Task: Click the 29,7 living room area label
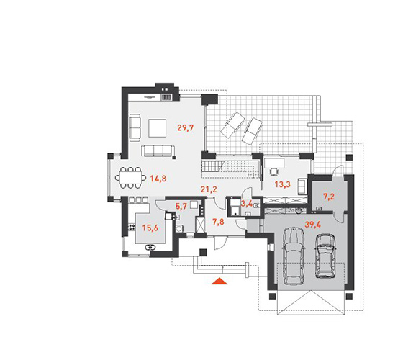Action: pos(186,127)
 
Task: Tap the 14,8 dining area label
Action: pos(158,179)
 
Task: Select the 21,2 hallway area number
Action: pos(209,189)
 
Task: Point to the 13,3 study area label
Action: pos(282,184)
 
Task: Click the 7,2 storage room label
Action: pos(329,197)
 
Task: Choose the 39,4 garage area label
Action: pos(312,225)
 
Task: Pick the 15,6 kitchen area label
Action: pos(150,228)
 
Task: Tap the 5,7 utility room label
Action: pos(181,206)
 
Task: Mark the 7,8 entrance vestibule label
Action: pos(218,222)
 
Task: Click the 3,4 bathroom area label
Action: pos(246,204)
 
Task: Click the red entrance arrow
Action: pos(219,281)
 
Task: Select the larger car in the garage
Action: pos(294,256)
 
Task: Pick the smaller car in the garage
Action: pos(325,256)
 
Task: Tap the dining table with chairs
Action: pos(130,177)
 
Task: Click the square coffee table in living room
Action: pos(157,128)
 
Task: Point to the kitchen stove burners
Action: pos(132,227)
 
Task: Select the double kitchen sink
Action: pos(150,248)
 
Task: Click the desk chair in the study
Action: pos(274,171)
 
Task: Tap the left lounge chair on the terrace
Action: pos(232,125)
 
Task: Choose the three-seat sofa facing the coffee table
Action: pos(158,150)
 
